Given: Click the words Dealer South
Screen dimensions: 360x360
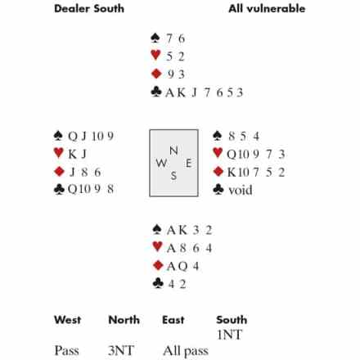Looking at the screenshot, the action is click(89, 8).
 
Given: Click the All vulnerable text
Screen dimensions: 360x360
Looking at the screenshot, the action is click(267, 8).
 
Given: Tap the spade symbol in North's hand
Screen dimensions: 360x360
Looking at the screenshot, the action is click(155, 38).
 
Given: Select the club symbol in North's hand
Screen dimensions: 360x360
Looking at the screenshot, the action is click(156, 92).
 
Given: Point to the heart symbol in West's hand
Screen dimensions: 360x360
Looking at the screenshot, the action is click(59, 153).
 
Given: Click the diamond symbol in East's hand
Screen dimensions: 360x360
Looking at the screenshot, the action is click(218, 172).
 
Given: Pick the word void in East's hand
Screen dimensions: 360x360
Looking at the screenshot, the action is click(241, 190).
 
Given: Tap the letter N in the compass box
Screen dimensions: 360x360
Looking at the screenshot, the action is click(173, 151).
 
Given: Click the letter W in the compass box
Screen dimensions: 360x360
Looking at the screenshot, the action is click(161, 163).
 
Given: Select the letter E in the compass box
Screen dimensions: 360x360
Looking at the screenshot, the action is click(188, 163).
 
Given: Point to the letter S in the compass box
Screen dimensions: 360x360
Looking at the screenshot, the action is click(173, 176).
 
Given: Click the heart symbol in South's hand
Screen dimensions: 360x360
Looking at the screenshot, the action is click(158, 246).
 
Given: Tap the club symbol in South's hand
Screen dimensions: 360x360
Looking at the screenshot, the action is click(158, 283).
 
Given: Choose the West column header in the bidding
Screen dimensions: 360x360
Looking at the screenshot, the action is click(68, 320).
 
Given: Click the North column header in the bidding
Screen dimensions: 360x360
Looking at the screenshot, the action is click(124, 320).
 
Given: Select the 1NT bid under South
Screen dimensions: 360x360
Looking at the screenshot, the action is click(229, 335).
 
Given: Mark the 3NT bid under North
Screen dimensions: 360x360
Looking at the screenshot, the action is click(121, 350).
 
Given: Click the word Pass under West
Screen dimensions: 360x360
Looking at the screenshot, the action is click(67, 350).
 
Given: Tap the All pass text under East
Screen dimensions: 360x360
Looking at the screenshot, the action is click(186, 351).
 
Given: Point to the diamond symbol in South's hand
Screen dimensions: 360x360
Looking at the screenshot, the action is click(158, 265).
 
